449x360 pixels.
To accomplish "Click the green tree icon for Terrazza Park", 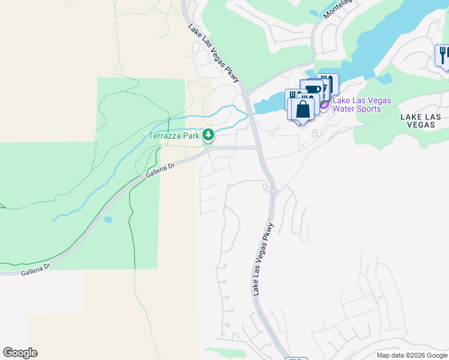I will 208,134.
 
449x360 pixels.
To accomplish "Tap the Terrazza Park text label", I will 174,136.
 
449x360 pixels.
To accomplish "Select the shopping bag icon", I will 303,109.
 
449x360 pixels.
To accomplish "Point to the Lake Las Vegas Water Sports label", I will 361,105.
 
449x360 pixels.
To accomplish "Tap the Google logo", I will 20,353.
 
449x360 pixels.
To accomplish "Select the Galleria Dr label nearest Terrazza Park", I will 159,172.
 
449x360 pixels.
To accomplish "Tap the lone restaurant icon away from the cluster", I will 443,55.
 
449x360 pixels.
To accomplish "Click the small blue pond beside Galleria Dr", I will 107,220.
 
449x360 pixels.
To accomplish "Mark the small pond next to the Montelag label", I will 315,13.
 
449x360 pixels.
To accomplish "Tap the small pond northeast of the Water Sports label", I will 384,78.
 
